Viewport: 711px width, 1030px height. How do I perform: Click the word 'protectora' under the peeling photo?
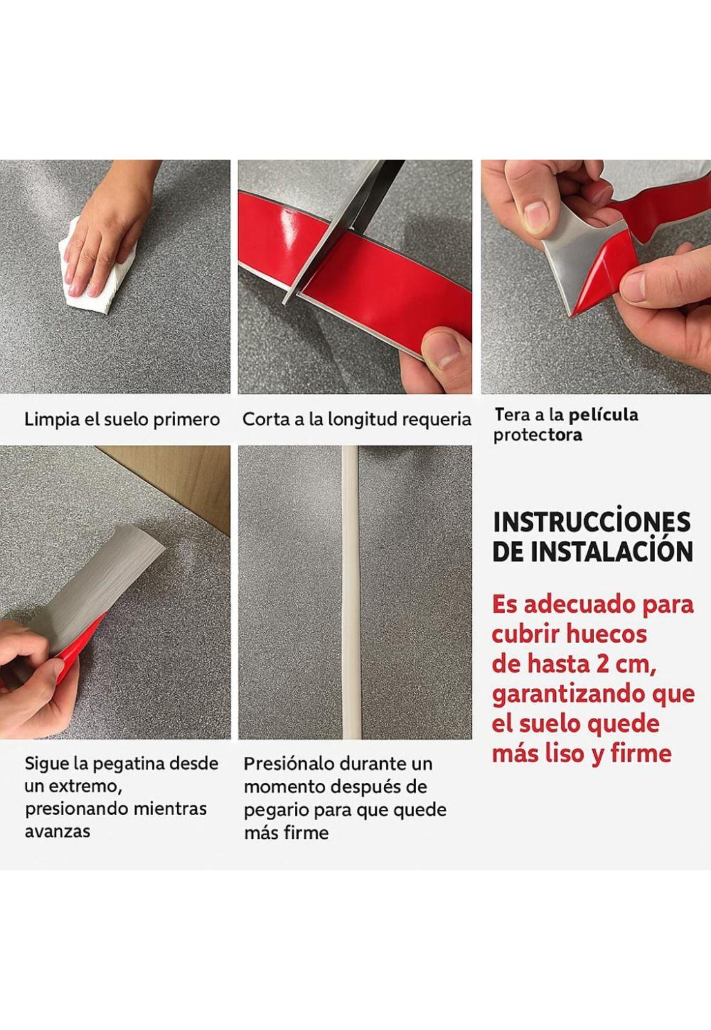[538, 435]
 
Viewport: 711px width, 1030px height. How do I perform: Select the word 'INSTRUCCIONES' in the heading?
[592, 522]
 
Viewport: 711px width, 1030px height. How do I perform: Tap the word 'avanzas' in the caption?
[57, 831]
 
